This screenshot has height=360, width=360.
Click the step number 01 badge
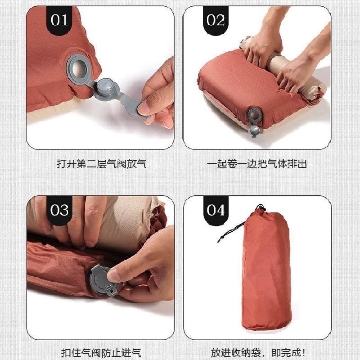pos(58,20)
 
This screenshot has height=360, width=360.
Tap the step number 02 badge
pos(216,20)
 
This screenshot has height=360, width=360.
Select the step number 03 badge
pos(59,210)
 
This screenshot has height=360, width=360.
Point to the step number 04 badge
pos(216,210)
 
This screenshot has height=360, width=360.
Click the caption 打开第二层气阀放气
pos(101,163)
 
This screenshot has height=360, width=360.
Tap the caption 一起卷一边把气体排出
pos(257,163)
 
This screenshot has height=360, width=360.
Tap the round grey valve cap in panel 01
pos(107,86)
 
